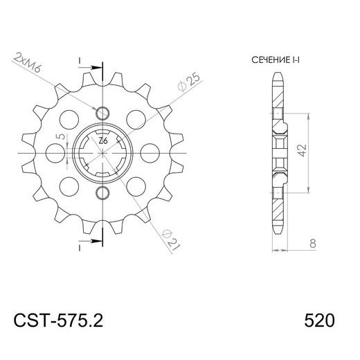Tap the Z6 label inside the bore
tap(102, 141)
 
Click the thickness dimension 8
tap(313, 244)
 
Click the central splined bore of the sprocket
tap(102, 152)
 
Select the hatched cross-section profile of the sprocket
tap(278, 152)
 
